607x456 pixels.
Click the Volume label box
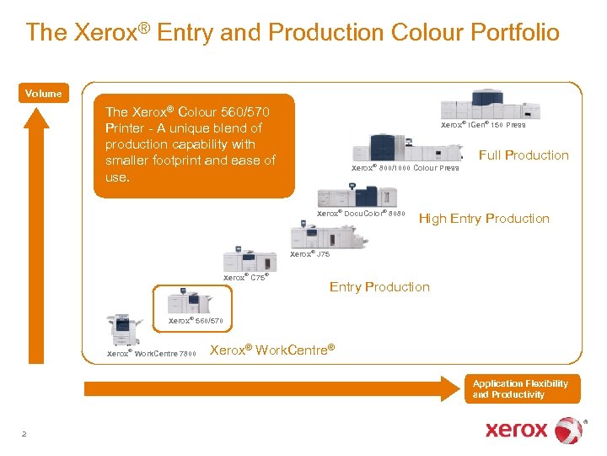43,94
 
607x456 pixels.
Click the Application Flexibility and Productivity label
520,388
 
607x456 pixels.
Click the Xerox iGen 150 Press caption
483,125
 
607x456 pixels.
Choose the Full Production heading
524,155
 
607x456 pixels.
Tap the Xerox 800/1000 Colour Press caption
405,168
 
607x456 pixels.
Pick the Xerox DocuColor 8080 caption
361,214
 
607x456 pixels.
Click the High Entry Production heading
484,219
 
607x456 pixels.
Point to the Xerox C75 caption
245,277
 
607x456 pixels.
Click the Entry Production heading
379,287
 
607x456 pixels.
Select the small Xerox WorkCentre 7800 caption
151,354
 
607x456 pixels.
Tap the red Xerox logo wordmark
516,430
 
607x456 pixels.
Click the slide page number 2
24,433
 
